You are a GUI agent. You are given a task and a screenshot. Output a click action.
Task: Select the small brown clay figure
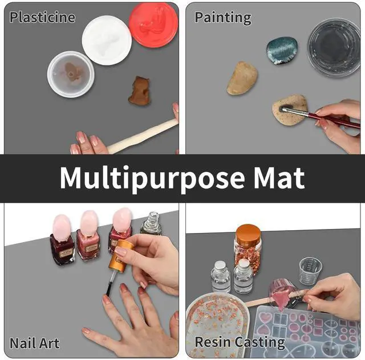(139, 91)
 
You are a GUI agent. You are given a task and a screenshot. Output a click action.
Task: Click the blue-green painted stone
(281, 50)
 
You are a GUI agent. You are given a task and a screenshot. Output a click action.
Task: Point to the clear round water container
(334, 46)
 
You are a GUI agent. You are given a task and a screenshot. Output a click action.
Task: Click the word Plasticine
(42, 17)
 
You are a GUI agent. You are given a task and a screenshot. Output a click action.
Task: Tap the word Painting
(223, 17)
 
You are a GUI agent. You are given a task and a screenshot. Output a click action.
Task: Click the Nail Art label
(35, 343)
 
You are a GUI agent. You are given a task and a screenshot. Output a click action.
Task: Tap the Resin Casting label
(240, 342)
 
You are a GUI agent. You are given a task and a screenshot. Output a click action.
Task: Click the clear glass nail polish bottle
(151, 224)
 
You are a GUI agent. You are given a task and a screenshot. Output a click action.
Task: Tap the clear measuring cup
(310, 271)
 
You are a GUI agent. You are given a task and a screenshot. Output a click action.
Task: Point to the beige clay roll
(143, 137)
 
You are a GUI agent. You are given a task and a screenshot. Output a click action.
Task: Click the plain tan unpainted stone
(242, 78)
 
